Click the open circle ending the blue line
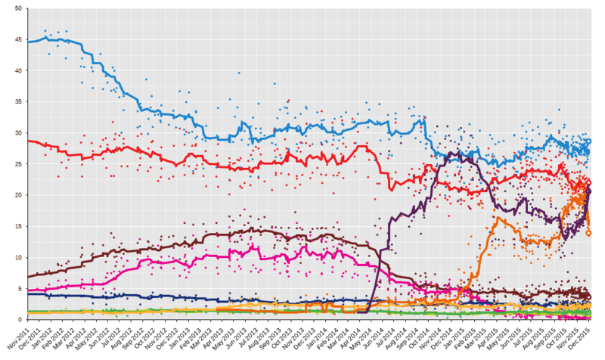(589, 141)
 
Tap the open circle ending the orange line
(589, 234)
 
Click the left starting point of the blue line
(27, 42)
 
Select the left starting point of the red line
(27, 141)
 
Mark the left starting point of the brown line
(27, 277)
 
